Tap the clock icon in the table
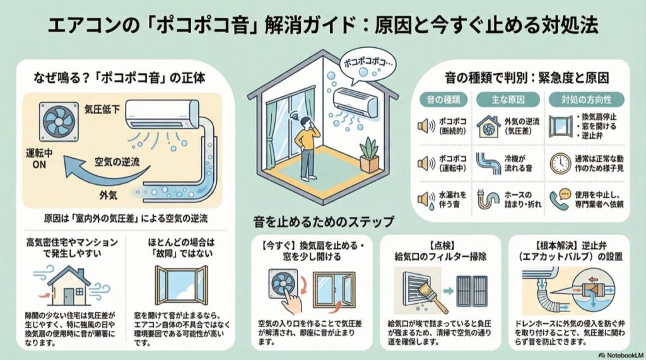(559, 163)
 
